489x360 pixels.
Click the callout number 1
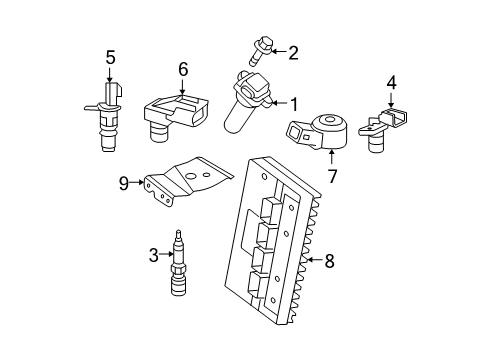(x=295, y=102)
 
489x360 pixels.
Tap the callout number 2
(x=294, y=51)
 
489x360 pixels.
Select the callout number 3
(x=154, y=256)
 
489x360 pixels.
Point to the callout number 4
(x=392, y=83)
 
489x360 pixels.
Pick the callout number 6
(x=183, y=69)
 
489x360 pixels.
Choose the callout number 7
(x=333, y=176)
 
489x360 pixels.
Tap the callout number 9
(x=122, y=183)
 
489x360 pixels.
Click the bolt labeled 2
(x=251, y=50)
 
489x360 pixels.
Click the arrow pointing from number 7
(x=333, y=159)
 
